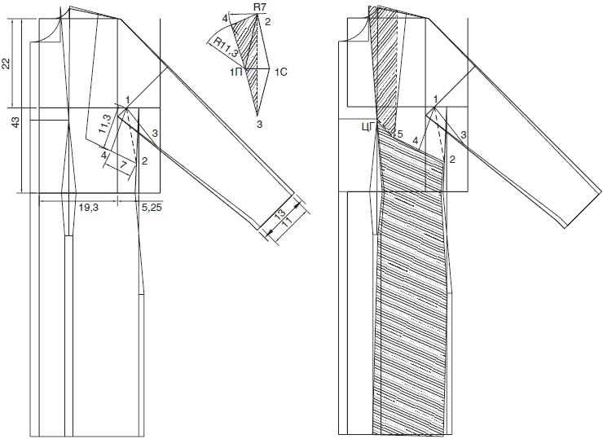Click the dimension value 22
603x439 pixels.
click(x=7, y=64)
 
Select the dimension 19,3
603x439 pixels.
click(x=89, y=208)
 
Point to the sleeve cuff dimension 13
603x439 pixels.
click(x=281, y=213)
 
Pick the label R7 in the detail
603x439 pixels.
click(x=262, y=7)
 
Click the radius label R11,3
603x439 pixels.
click(x=226, y=47)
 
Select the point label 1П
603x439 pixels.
click(x=235, y=72)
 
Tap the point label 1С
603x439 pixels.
click(x=281, y=72)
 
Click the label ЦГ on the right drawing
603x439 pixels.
click(x=368, y=129)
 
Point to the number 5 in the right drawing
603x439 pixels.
click(x=400, y=134)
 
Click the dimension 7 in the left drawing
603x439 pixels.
click(x=123, y=165)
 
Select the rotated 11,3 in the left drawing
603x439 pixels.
click(x=104, y=124)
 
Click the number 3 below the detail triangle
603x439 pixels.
click(x=260, y=124)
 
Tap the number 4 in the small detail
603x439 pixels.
click(x=225, y=18)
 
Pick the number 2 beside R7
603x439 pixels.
click(x=267, y=21)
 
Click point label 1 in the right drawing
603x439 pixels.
click(x=435, y=99)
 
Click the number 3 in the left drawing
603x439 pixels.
click(x=155, y=134)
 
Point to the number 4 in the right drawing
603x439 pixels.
click(x=416, y=142)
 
